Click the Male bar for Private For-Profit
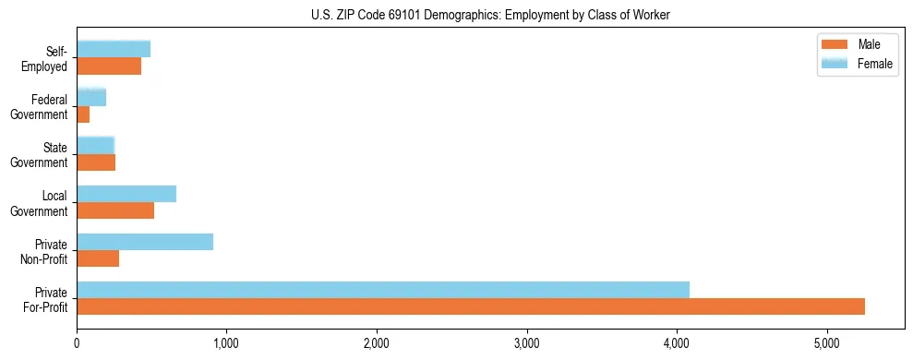tap(471, 306)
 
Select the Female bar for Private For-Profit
tap(383, 290)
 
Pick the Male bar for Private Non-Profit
tap(98, 258)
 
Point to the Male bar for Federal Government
tap(83, 114)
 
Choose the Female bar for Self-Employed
tap(114, 49)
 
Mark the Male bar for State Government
tap(96, 162)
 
